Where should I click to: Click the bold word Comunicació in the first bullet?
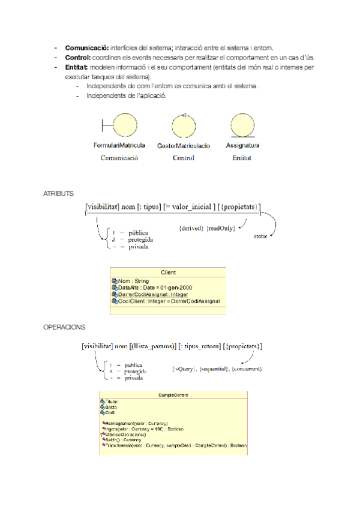[85, 47]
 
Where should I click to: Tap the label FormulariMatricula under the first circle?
[119, 146]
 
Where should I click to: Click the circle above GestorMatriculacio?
[184, 126]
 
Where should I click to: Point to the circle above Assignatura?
[242, 126]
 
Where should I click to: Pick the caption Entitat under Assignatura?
[241, 158]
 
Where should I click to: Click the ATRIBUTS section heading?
[58, 194]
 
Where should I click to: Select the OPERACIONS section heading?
[64, 328]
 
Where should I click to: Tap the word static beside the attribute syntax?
[260, 236]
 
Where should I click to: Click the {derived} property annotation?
[191, 229]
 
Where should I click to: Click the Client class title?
[168, 273]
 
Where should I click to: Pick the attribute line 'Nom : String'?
[133, 281]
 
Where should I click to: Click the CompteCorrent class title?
[173, 395]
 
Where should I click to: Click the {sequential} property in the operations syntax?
[214, 369]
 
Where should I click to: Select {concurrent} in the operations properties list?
[247, 369]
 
